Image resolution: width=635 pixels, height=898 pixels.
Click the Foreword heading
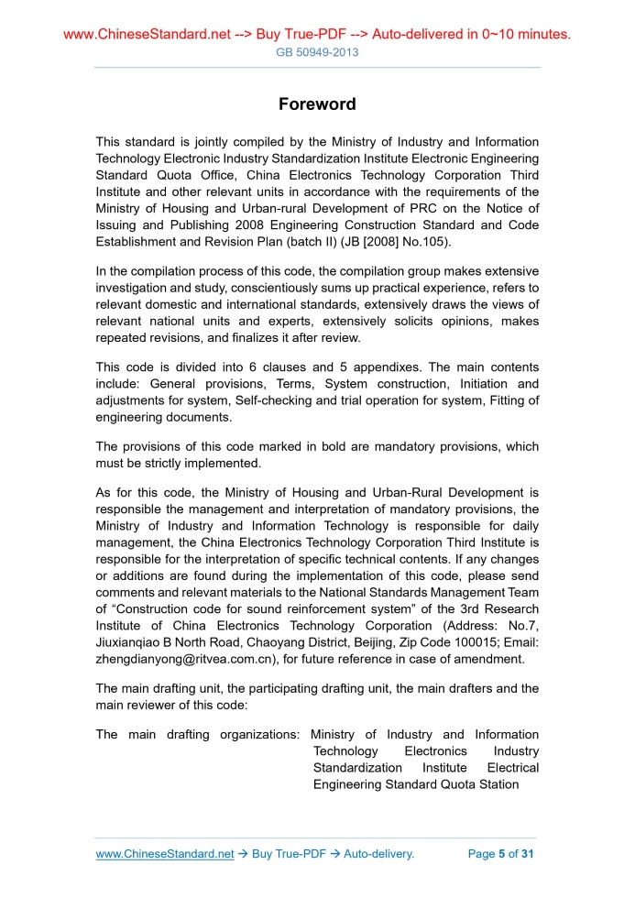(x=317, y=104)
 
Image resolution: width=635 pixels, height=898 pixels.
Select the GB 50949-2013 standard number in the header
(x=317, y=52)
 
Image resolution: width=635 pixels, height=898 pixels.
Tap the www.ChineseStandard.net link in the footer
(x=165, y=854)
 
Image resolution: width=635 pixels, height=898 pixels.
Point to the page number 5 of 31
(x=500, y=854)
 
